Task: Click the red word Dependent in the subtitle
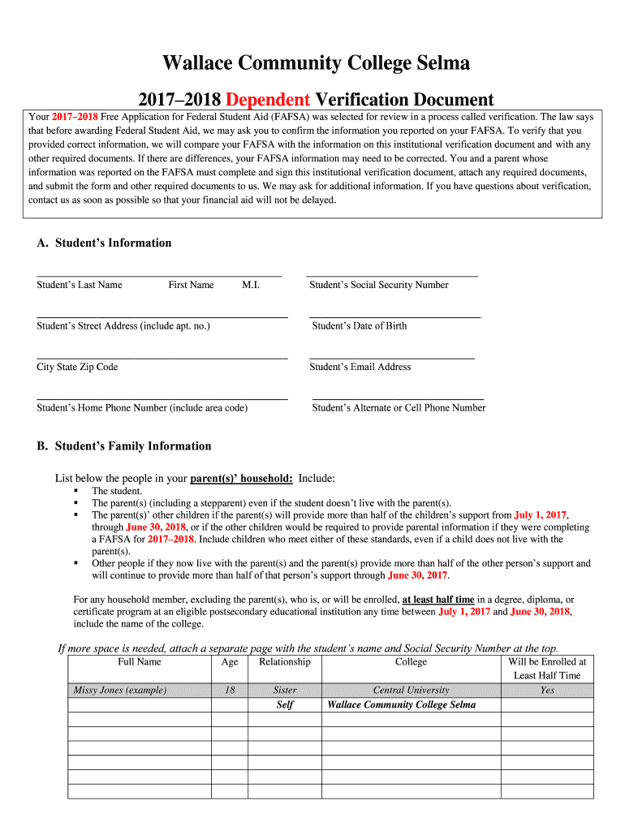tap(268, 100)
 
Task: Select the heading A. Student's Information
tap(104, 243)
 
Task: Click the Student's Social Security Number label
tap(378, 285)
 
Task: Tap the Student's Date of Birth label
tap(360, 326)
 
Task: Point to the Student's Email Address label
tap(360, 367)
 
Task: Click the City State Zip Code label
tap(77, 367)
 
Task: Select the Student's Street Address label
tap(123, 326)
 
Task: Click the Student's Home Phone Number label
tap(142, 408)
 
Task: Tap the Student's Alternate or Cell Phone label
tap(399, 408)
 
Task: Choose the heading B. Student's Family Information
tap(123, 446)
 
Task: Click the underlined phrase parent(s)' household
tap(241, 478)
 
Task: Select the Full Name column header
tap(140, 662)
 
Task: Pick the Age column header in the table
tap(230, 662)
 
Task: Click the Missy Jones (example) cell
tap(120, 691)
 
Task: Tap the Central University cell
tap(411, 691)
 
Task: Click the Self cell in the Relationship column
tap(285, 705)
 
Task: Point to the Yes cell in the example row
tap(547, 691)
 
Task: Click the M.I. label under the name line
tap(251, 285)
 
